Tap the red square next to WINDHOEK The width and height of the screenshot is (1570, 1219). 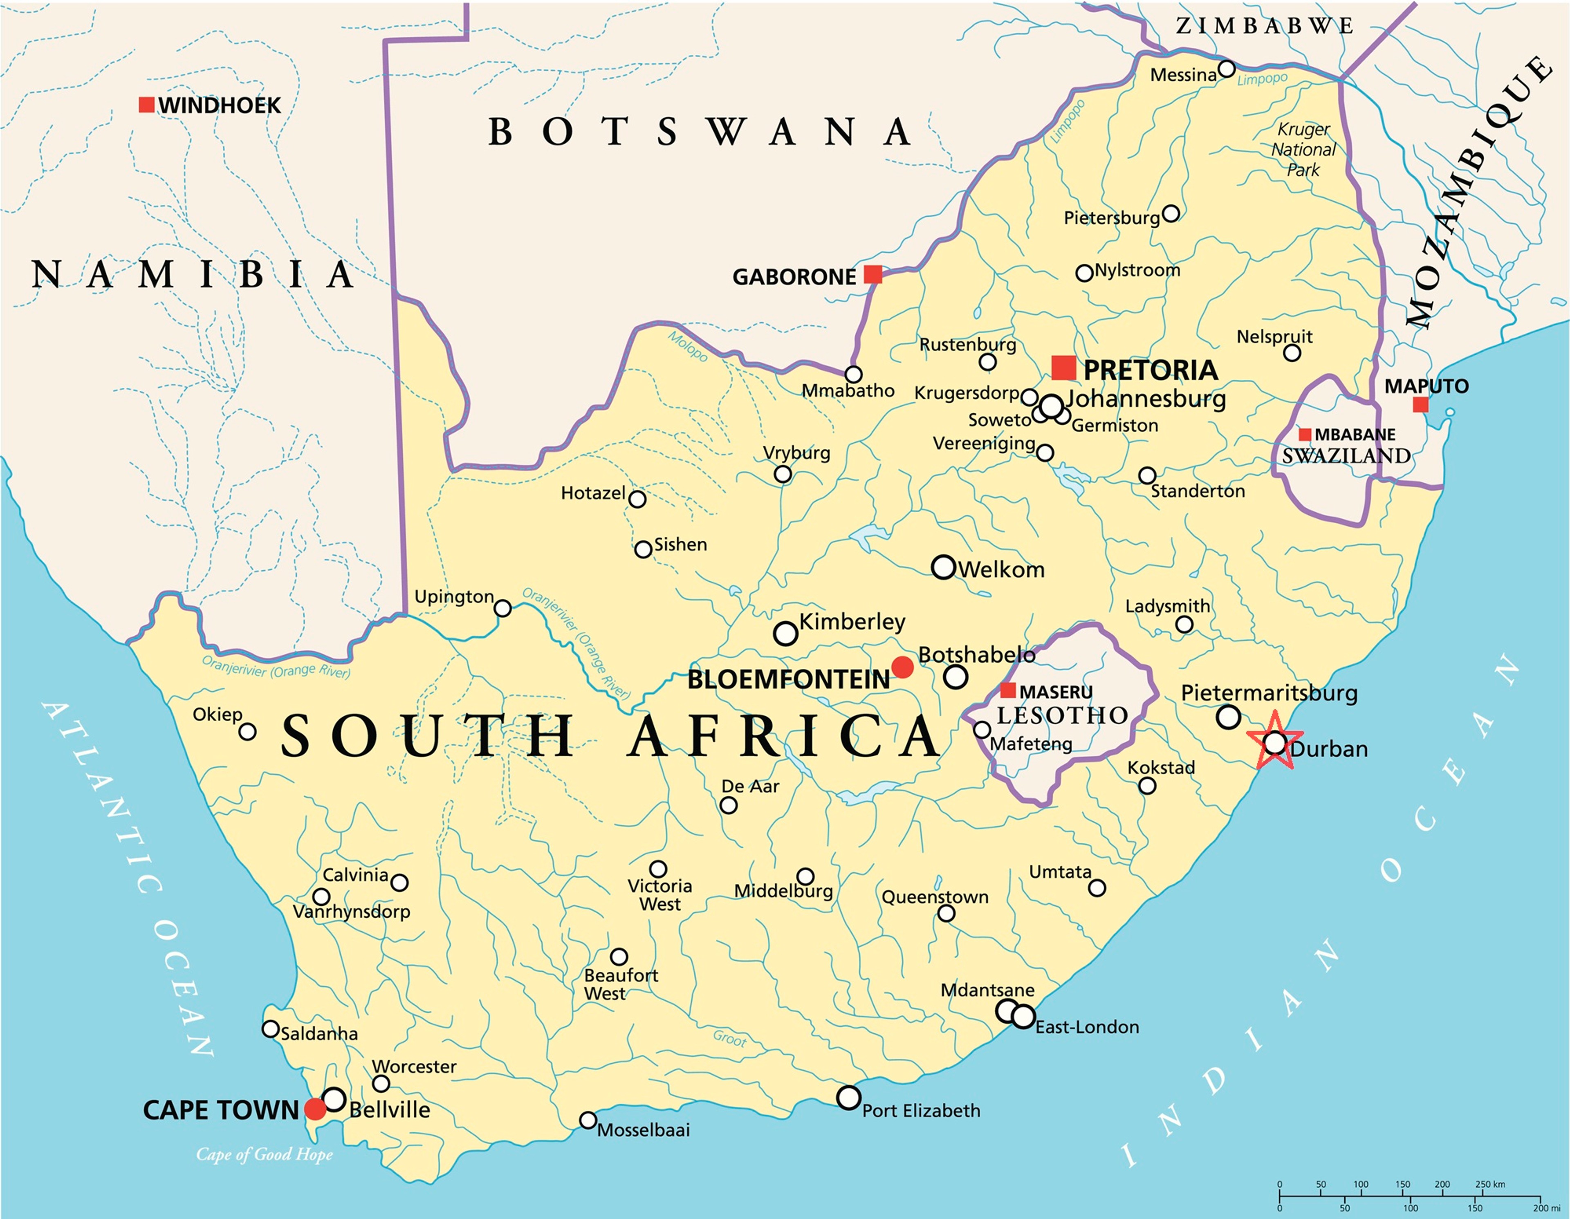[147, 105]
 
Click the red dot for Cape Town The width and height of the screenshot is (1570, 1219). [315, 1109]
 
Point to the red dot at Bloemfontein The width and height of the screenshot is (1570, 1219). [902, 667]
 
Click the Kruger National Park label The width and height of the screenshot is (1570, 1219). [1303, 150]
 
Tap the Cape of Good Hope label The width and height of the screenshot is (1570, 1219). [265, 1154]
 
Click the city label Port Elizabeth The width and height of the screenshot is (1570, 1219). [921, 1111]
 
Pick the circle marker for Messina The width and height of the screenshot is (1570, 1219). [1227, 69]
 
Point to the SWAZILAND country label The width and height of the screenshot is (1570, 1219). [1346, 456]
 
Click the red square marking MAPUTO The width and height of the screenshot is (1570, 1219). [1420, 405]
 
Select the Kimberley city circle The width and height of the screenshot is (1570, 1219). [786, 633]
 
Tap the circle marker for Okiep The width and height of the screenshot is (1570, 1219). [247, 732]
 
